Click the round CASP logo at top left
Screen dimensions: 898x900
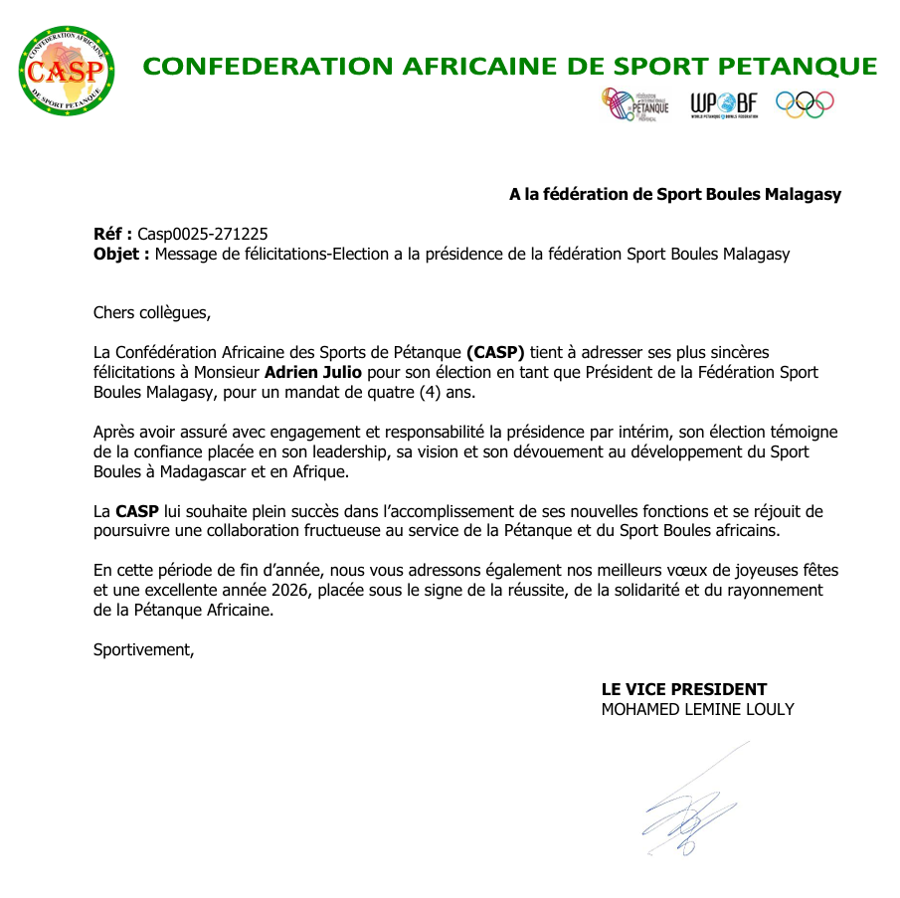pyautogui.click(x=66, y=70)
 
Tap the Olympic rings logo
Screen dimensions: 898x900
pyautogui.click(x=805, y=104)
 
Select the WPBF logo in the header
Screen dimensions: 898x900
pyautogui.click(x=724, y=103)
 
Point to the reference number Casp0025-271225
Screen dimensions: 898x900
pyautogui.click(x=202, y=234)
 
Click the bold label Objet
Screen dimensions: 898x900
pyautogui.click(x=121, y=254)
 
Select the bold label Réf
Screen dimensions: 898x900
pyautogui.click(x=112, y=234)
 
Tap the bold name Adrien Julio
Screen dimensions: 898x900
pyautogui.click(x=313, y=373)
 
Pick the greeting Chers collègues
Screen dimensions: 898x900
pyautogui.click(x=152, y=312)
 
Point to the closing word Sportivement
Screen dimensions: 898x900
pyautogui.click(x=143, y=649)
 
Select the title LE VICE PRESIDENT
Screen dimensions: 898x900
pyautogui.click(x=684, y=689)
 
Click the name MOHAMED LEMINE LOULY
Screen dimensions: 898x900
pyautogui.click(x=698, y=709)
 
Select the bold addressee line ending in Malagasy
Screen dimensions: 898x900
pyautogui.click(x=675, y=194)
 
